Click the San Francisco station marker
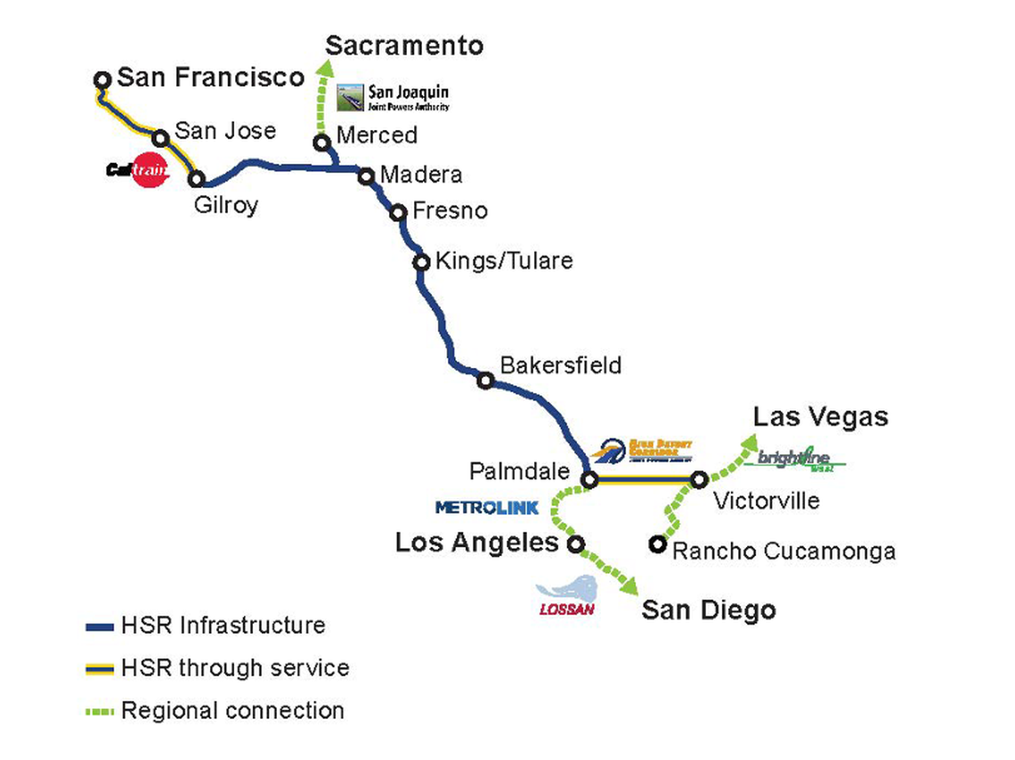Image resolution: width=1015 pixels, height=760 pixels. pos(102,80)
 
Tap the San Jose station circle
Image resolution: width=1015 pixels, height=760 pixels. pos(161,138)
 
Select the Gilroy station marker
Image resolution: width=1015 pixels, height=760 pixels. pos(197,179)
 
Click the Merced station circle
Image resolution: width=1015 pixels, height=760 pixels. pos(322,143)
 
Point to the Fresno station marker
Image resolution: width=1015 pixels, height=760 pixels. pos(399,212)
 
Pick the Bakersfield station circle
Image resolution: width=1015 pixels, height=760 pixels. pos(485,380)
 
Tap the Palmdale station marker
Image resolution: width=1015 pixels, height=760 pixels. pos(589,480)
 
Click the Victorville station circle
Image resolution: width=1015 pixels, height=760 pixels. pos(700,480)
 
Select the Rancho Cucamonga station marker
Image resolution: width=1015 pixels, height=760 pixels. pos(657,543)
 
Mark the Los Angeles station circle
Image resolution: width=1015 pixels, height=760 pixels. pos(576,543)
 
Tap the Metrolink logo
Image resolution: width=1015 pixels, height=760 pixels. pos(487,508)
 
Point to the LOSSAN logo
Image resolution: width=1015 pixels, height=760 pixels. pos(567,596)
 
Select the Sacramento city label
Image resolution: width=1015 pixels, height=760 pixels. pos(404,46)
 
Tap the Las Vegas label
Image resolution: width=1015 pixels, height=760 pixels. pos(820,416)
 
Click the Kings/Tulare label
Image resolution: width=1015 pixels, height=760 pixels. pos(504,261)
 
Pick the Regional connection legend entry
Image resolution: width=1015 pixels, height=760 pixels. pos(232,711)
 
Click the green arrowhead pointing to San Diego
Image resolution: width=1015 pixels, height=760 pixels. pos(629,587)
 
